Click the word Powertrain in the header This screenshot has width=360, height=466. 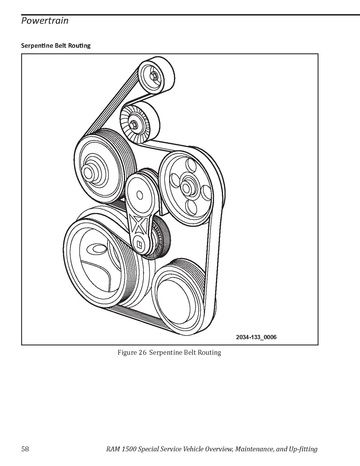(45, 21)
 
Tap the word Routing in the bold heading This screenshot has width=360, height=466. (79, 45)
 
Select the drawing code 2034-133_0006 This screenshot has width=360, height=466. (256, 337)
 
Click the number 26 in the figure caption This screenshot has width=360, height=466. (143, 352)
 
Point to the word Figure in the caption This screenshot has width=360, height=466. (127, 353)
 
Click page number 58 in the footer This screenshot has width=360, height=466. (25, 449)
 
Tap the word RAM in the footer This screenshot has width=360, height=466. (113, 449)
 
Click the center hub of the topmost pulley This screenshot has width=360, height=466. (154, 76)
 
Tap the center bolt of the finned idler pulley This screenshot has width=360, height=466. (134, 124)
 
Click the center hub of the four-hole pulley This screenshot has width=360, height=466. (187, 188)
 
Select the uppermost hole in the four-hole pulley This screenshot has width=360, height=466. (191, 166)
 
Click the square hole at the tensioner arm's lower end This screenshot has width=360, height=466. (140, 247)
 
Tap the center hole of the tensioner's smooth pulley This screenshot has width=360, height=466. (140, 196)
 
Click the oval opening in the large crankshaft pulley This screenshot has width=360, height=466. (97, 249)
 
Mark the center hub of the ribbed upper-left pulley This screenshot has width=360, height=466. (88, 173)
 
